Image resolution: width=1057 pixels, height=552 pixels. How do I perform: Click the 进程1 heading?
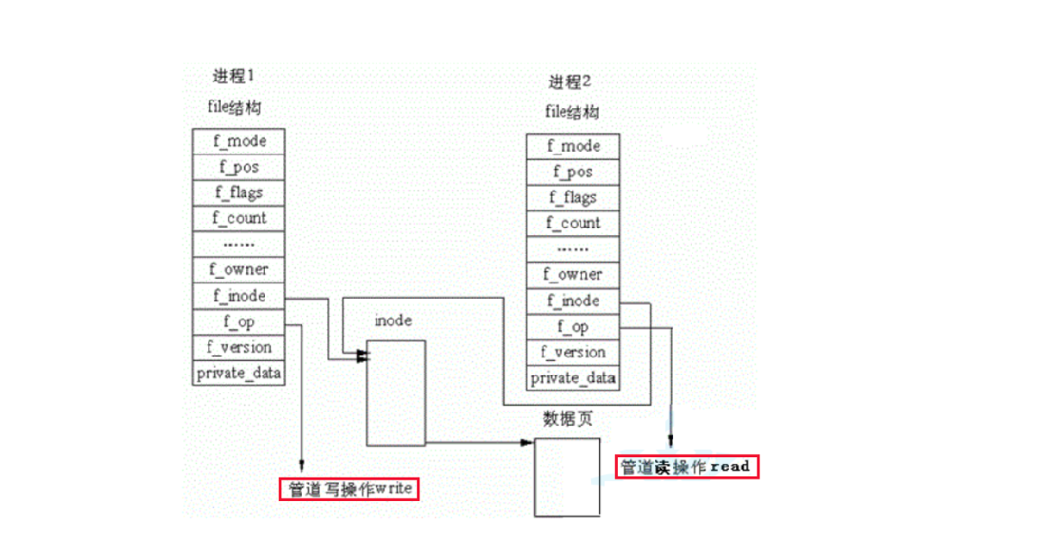tap(233, 76)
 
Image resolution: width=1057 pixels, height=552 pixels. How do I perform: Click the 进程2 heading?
tap(570, 82)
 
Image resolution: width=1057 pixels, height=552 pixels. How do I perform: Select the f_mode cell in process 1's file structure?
tap(239, 141)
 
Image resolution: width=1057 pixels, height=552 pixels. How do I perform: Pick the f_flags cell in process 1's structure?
tap(239, 192)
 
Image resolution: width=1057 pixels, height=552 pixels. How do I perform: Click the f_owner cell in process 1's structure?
tap(239, 270)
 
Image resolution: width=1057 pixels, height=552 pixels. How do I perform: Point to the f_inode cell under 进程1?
tap(239, 295)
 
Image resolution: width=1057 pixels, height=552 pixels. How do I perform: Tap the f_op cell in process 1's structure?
tap(239, 321)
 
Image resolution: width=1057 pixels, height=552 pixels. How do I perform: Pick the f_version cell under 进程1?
tap(239, 347)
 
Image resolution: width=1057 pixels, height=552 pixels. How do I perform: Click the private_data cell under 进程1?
tap(239, 373)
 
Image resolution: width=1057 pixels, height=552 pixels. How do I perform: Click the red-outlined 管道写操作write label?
tap(349, 489)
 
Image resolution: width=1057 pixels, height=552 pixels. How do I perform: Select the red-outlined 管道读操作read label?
tap(687, 466)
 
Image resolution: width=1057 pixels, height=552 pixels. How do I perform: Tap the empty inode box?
tap(396, 393)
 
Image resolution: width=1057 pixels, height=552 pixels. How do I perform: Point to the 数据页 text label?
tap(567, 420)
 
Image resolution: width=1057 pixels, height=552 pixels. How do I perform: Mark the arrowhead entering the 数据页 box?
tap(529, 442)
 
